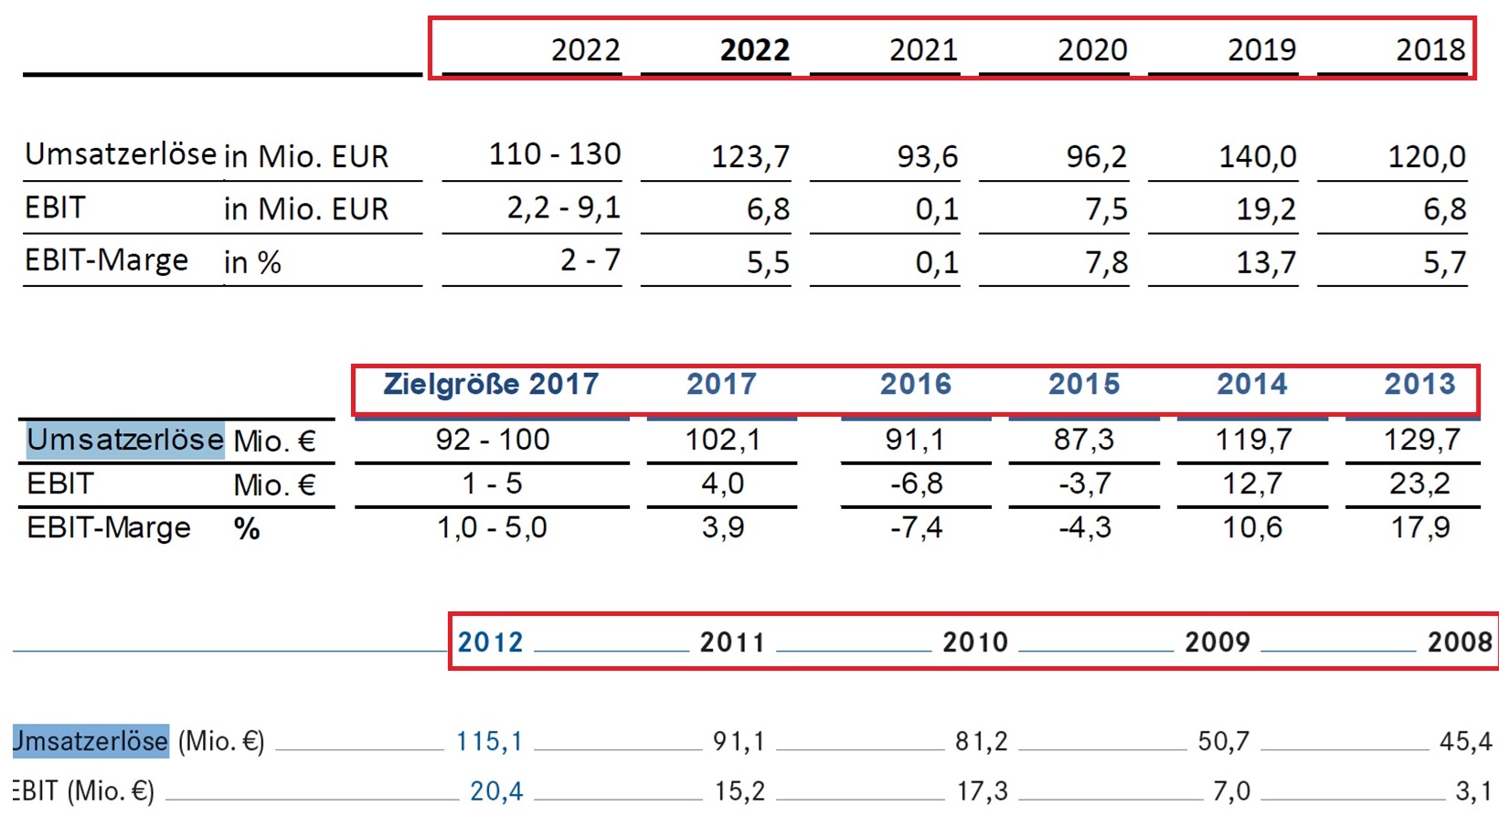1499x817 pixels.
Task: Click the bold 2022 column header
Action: pos(754,49)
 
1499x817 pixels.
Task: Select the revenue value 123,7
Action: pos(750,157)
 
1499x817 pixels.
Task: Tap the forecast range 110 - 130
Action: pos(554,154)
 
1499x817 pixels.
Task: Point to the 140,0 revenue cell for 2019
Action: pos(1257,157)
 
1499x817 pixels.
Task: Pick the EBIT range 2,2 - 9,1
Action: pos(563,208)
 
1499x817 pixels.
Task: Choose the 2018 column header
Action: pos(1430,49)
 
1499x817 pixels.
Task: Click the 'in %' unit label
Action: pos(252,263)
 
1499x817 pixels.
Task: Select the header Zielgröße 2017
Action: pos(491,384)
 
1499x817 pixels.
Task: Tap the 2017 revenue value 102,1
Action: pos(722,440)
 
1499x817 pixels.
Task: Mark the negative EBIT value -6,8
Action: pos(916,483)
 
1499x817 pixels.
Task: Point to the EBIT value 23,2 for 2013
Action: pos(1419,483)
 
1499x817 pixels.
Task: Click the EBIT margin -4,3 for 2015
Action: pos(1084,527)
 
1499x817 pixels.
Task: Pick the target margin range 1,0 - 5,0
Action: pos(492,527)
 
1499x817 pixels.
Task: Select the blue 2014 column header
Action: pos(1251,384)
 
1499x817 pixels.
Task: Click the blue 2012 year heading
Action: pos(490,642)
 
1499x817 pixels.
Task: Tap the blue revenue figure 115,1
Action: pos(489,741)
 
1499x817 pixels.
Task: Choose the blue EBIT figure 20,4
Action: pos(495,790)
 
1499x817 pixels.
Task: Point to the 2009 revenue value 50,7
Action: pos(1223,741)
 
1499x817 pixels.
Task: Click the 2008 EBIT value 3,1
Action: pos(1472,790)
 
